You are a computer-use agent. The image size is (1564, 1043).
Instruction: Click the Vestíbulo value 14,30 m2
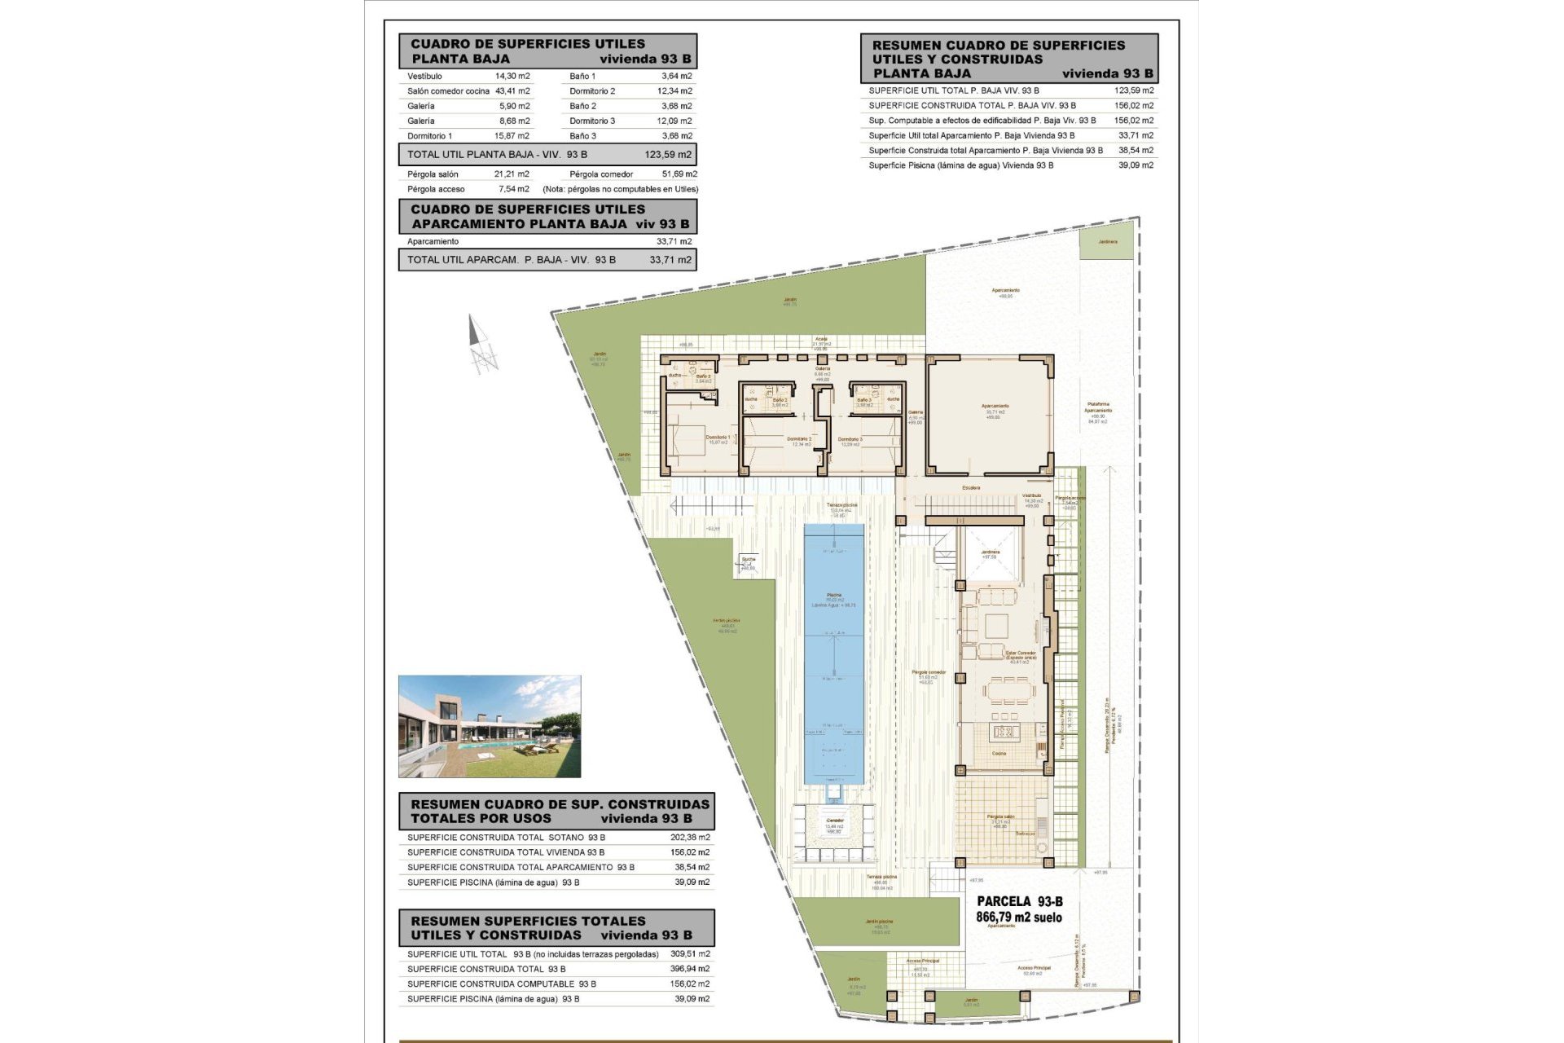tap(512, 76)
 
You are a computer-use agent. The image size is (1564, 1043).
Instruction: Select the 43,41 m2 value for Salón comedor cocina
tap(512, 91)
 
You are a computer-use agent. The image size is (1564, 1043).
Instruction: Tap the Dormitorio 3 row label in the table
tap(592, 121)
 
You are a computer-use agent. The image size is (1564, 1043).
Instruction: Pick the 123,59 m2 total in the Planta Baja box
tap(668, 154)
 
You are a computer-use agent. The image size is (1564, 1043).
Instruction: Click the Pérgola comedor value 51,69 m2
tap(679, 174)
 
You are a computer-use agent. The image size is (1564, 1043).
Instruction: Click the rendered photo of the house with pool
tap(490, 726)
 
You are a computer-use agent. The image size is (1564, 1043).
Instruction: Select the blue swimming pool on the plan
tap(833, 652)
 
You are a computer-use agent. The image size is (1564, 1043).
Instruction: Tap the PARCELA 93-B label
tap(1020, 901)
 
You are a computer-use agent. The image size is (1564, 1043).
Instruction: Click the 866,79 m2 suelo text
tap(1019, 917)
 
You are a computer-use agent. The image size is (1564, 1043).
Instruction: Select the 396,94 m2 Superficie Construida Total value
tap(692, 969)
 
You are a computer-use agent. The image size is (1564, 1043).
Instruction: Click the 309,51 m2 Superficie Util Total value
tap(692, 953)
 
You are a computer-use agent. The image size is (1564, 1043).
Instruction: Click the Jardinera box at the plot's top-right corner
tap(1106, 243)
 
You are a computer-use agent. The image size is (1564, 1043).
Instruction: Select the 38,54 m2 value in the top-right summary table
tap(1136, 150)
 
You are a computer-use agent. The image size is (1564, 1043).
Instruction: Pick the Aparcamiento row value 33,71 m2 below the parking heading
tap(674, 241)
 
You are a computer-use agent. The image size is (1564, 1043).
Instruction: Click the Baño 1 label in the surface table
tap(582, 76)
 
